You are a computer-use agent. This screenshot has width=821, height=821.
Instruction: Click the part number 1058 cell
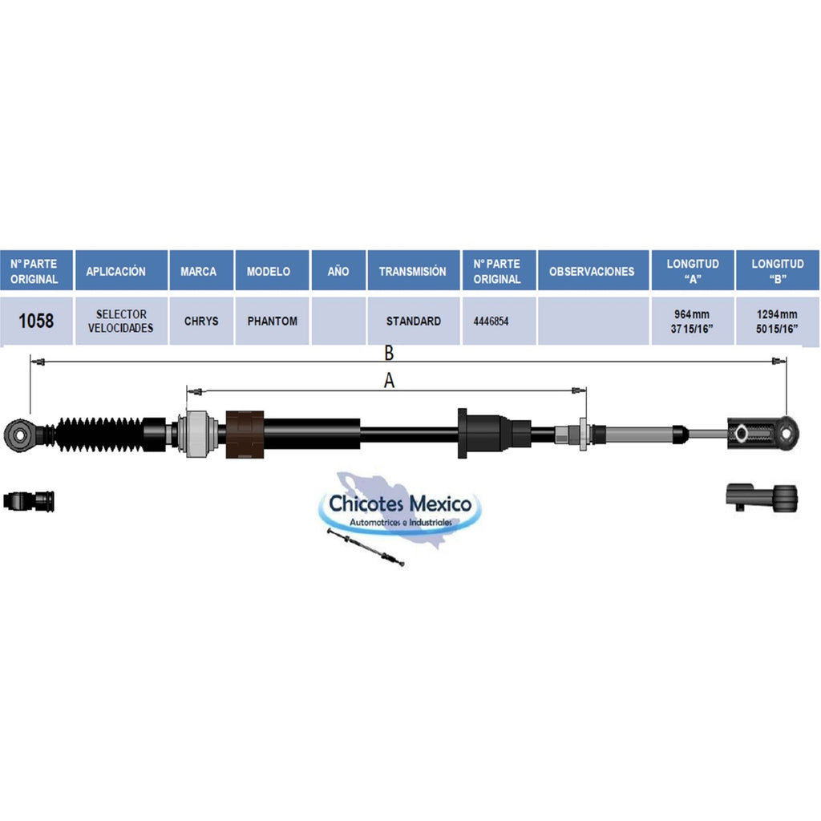coord(36,321)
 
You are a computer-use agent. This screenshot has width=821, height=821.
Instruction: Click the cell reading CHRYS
coord(201,321)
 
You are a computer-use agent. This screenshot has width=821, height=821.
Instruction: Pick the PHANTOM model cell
coord(272,321)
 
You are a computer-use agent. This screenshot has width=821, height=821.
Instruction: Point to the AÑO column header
coord(338,270)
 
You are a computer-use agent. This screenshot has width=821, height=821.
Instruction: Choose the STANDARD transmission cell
coord(414,321)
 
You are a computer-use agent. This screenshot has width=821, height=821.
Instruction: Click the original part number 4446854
coord(491,321)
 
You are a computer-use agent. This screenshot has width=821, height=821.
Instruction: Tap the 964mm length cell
coord(692,321)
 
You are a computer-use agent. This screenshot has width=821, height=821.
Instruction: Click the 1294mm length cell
coord(777,321)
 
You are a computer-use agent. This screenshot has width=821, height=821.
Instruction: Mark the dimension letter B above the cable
coord(389,354)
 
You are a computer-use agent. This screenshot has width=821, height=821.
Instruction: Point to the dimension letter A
coord(389,381)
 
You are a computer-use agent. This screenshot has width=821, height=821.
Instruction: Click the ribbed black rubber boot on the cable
coord(99,434)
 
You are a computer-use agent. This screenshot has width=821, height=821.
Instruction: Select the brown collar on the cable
coord(245,434)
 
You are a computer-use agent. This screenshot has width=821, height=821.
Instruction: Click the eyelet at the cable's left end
coord(18,435)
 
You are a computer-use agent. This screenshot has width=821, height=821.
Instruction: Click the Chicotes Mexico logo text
coord(400,504)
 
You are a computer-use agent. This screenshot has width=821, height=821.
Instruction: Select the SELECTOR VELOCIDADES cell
coord(121,321)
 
